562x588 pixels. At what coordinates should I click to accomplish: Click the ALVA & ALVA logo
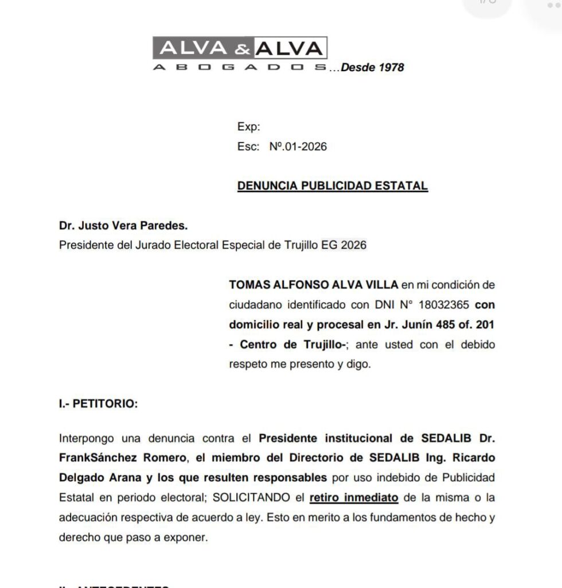(x=240, y=48)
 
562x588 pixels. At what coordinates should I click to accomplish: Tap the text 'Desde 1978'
(x=372, y=68)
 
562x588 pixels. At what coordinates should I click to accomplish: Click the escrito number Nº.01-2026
(x=298, y=146)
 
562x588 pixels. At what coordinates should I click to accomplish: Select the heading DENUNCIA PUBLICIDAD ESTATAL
(x=333, y=185)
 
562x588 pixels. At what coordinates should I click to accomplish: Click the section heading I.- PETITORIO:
(x=98, y=404)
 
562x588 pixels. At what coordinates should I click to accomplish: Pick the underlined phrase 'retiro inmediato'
(x=354, y=497)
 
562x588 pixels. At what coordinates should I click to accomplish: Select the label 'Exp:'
(x=248, y=127)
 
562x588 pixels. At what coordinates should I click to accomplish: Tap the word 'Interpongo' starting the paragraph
(x=87, y=438)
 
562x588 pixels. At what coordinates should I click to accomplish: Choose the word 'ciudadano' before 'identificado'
(x=254, y=304)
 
